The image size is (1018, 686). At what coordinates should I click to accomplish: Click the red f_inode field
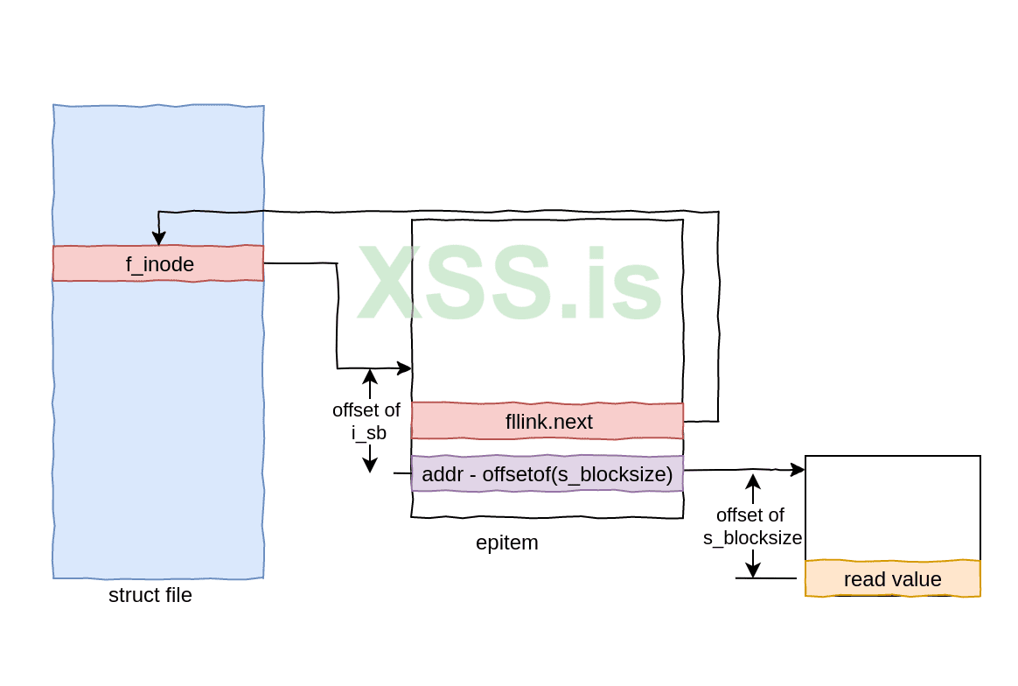point(158,263)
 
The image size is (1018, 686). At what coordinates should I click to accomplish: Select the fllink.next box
point(547,421)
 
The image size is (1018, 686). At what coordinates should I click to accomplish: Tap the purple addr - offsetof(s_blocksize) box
point(547,474)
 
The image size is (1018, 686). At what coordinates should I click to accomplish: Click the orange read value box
point(892,578)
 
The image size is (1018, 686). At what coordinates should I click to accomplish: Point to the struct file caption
point(150,596)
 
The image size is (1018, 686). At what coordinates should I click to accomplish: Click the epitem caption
point(507,542)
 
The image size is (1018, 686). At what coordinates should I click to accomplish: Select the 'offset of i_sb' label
point(366,420)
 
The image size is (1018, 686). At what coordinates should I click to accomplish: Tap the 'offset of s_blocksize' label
point(752,526)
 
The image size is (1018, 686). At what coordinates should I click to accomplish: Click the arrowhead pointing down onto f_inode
point(158,238)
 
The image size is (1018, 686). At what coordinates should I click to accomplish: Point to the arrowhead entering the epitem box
point(405,368)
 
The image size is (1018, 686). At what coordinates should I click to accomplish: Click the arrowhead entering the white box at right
point(798,470)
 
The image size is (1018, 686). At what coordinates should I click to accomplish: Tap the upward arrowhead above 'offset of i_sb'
point(370,376)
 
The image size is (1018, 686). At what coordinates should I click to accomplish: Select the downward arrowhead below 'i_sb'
point(370,465)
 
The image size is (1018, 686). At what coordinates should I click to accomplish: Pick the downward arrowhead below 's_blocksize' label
point(753,570)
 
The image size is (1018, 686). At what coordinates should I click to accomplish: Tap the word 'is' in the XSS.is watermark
point(625,282)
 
